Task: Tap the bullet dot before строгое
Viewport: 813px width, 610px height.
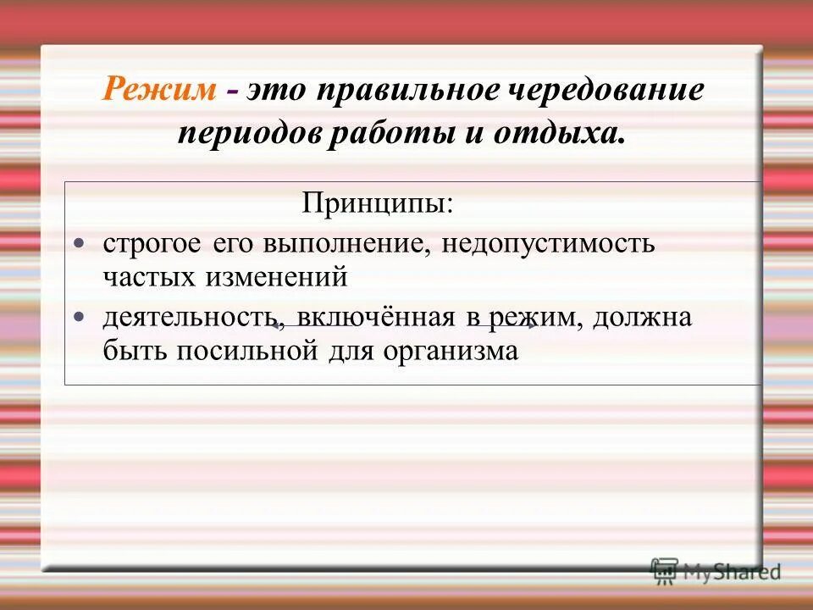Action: [80, 244]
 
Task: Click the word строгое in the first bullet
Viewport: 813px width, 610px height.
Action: [152, 245]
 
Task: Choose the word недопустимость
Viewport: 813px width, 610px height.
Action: [546, 245]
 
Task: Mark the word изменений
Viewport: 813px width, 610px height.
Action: [276, 275]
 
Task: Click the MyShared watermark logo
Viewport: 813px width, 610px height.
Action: [716, 570]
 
